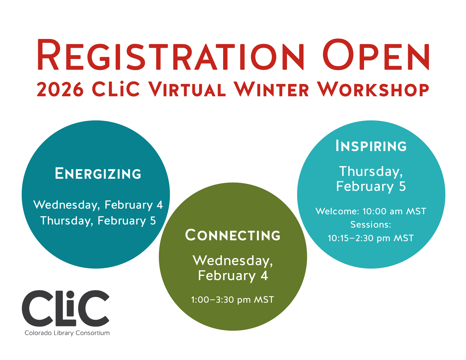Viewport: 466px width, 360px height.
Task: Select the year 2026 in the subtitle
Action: (60, 90)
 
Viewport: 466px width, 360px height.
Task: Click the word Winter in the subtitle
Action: (271, 90)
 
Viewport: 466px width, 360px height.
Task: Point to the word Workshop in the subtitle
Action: (373, 90)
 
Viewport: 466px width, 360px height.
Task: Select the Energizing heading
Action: (98, 173)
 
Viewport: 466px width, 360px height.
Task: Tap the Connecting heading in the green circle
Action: (233, 235)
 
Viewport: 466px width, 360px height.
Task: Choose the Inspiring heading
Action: (371, 146)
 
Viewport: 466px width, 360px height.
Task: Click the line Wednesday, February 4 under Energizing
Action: (98, 205)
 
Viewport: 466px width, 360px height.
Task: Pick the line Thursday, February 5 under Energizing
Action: (98, 221)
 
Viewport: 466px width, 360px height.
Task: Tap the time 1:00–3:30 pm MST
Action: (232, 300)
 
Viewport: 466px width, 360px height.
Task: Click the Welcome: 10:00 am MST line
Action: (371, 211)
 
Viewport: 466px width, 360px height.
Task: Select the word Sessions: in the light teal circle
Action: (371, 224)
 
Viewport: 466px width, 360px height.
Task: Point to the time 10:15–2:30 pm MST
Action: (371, 238)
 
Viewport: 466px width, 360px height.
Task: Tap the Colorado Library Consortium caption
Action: (67, 333)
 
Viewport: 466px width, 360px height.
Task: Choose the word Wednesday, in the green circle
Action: (233, 260)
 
